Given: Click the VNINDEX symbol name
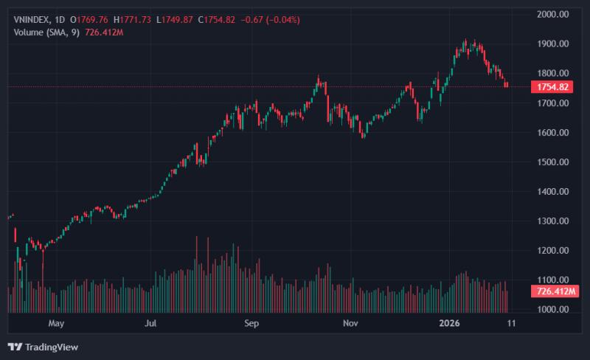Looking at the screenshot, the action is coord(32,20).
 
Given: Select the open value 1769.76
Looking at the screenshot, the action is coord(92,20).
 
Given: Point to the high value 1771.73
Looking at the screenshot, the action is coord(136,20).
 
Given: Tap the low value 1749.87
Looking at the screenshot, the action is coord(177,20).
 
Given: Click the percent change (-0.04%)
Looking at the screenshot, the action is coord(283,20).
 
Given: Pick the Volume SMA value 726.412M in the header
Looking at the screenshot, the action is coord(104,32).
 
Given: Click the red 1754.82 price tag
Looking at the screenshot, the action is coord(552,87).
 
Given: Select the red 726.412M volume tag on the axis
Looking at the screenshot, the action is coord(555,291).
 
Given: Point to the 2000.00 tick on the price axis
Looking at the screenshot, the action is coord(552,14).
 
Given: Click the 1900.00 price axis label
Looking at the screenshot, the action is coord(552,44).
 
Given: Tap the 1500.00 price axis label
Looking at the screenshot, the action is coord(552,162).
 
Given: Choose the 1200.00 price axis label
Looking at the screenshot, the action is coord(552,250).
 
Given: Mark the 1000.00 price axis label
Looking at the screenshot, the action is coord(552,310).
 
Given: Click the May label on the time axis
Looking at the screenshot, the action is coord(56,323).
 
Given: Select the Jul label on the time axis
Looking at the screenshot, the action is coord(150,323).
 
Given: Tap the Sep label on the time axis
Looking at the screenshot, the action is coord(251,323).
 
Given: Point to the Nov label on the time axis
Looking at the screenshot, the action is coord(350,323).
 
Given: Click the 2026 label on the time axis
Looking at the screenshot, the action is coord(449,323).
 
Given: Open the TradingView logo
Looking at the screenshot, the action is coord(43,347).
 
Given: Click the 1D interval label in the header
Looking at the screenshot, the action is coord(60,20).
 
